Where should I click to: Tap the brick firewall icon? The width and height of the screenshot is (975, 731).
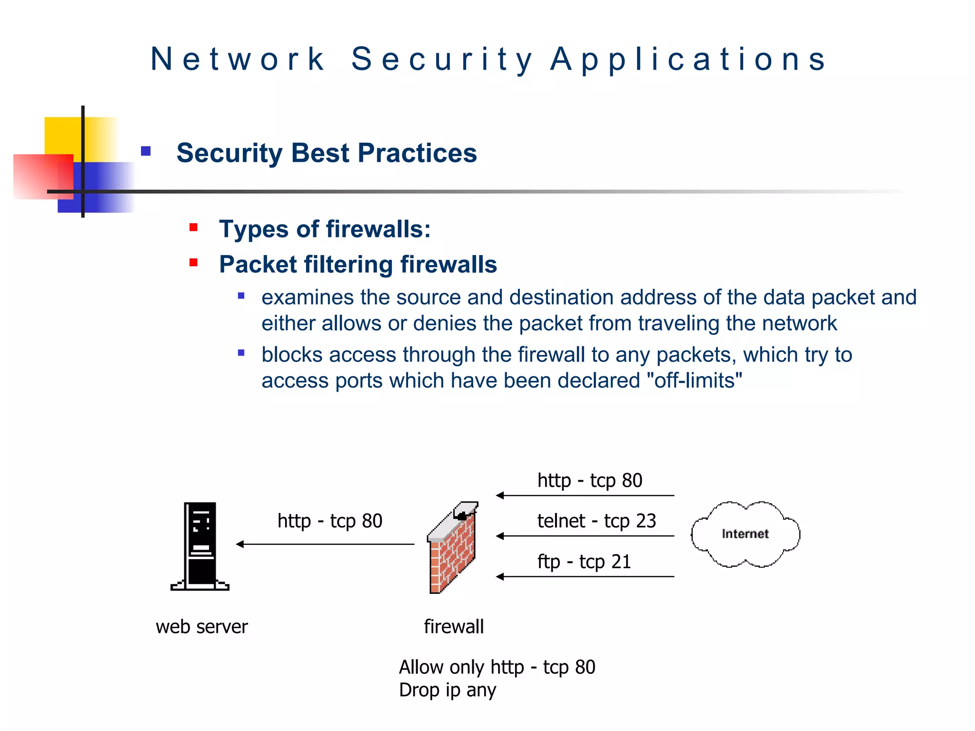coord(452,550)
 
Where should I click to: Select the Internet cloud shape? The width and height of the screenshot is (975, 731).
coord(745,534)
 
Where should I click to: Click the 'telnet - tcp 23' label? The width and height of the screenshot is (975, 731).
coord(597,521)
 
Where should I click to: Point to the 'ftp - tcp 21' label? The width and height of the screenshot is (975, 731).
coord(584,562)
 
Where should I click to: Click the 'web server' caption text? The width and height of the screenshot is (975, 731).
coord(202,627)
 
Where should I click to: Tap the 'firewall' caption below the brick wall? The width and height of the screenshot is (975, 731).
coord(454,627)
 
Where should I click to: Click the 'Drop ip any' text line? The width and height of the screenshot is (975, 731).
coord(448,690)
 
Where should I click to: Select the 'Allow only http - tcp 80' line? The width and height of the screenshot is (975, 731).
coord(497,667)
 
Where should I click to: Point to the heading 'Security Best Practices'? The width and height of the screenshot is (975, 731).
coord(327,153)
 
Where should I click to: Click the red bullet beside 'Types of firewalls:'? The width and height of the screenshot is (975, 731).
coord(193,227)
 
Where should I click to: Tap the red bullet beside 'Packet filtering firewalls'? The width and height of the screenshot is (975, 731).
coord(193,263)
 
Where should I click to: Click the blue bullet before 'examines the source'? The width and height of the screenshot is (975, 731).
coord(241,296)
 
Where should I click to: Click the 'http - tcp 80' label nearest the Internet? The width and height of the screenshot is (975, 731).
coord(590,481)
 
